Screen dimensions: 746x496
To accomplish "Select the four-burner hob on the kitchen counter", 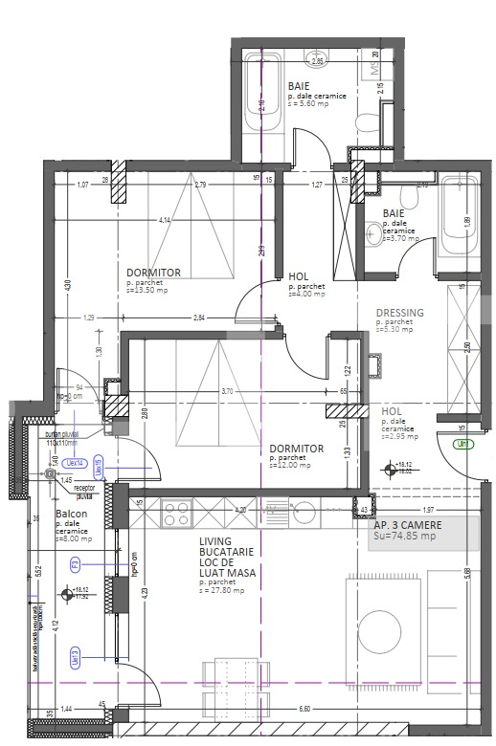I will [x=176, y=514].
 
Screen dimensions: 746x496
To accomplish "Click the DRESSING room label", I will [x=399, y=313].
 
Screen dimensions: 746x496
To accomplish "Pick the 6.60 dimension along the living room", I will [x=305, y=709].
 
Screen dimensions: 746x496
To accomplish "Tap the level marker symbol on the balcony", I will [x=66, y=594].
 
